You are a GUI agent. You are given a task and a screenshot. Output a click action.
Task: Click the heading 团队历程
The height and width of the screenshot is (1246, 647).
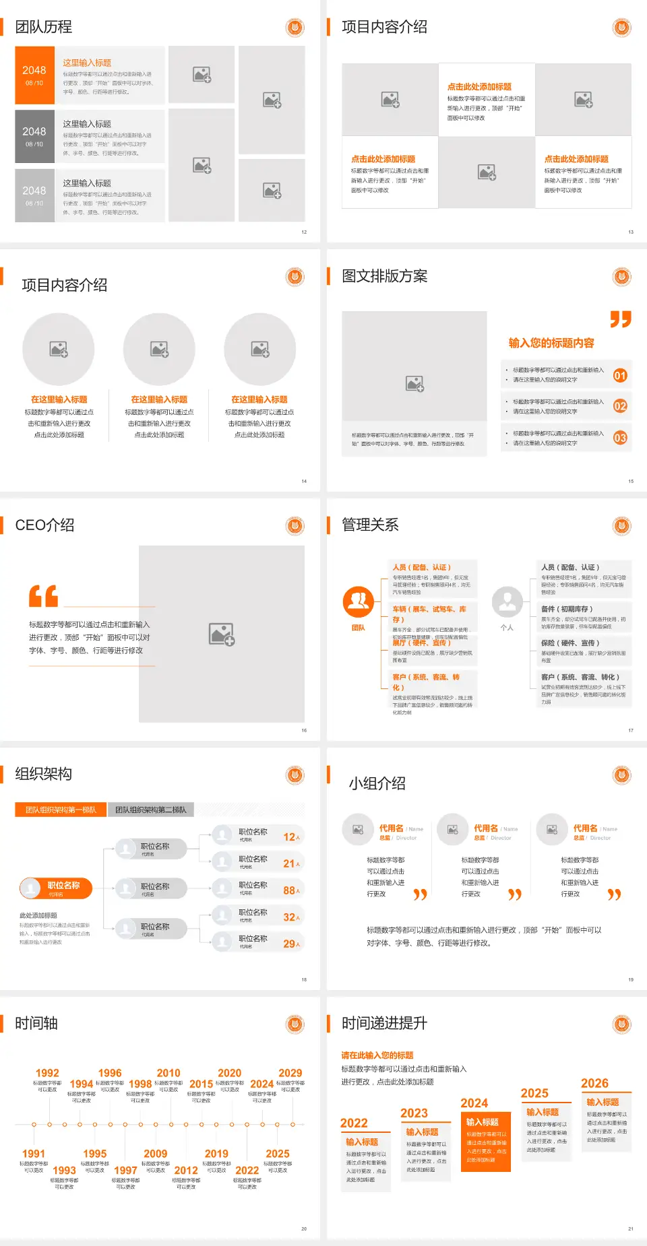tap(44, 27)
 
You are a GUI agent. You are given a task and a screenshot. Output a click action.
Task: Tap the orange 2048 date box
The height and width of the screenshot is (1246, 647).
tap(34, 75)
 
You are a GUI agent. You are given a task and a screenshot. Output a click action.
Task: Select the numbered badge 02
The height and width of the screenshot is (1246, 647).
tap(620, 406)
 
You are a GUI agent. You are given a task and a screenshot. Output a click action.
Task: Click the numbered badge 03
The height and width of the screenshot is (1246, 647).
tap(620, 438)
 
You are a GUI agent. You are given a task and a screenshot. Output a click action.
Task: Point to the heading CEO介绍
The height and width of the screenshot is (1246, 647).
tap(44, 525)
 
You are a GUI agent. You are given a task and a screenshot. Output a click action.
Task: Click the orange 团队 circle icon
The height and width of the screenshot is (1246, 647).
tap(359, 601)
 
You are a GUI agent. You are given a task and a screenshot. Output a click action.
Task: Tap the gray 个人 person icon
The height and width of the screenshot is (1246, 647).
tap(507, 601)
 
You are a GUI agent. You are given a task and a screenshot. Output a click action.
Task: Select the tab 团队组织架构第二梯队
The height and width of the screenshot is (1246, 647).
tap(150, 810)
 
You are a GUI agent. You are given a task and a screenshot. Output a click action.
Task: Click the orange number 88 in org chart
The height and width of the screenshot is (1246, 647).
tap(290, 890)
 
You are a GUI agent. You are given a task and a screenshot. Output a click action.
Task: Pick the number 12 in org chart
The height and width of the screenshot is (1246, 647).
tap(290, 837)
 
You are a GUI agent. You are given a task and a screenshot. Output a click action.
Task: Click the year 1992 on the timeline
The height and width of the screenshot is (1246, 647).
tap(47, 1073)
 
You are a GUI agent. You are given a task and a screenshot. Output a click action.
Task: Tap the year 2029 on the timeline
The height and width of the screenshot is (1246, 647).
tap(290, 1073)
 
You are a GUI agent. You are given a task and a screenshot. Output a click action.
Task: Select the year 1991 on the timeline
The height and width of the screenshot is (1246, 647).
tap(34, 1154)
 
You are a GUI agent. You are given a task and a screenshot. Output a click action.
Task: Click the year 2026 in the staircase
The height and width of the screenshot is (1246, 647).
tap(594, 1083)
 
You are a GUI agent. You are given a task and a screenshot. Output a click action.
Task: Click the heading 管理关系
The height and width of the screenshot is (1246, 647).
tap(370, 525)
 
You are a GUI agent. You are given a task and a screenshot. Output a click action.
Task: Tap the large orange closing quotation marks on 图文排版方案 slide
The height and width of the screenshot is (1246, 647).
tap(621, 319)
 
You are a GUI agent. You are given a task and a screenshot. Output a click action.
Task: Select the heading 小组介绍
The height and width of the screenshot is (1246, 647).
tap(377, 783)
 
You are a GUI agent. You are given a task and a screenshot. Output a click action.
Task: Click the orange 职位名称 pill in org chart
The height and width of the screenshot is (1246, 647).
tap(56, 888)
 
